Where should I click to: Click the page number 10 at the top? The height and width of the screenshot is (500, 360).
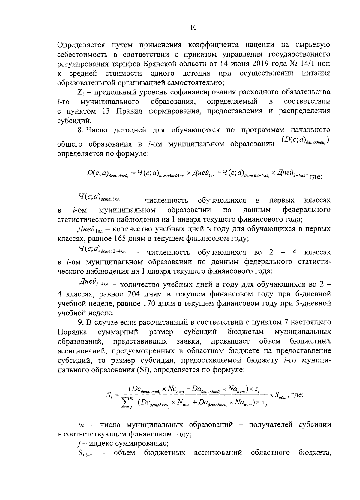193,28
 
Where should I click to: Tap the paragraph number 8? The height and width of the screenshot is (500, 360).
79,130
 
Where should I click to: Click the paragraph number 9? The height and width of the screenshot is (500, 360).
79,323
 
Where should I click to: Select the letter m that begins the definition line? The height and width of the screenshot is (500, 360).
81,425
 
